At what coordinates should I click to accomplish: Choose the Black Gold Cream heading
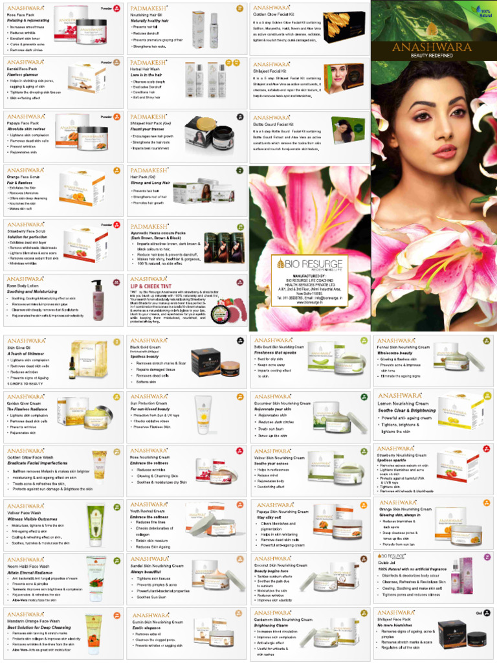(146, 347)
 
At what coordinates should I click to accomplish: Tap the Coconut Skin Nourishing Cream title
(283, 566)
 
